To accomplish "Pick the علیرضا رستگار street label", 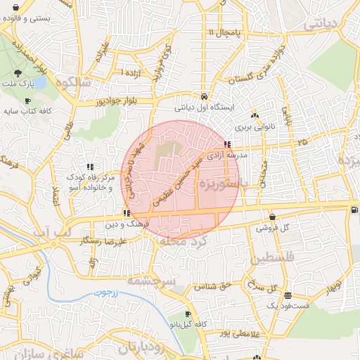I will click(x=105, y=240).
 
